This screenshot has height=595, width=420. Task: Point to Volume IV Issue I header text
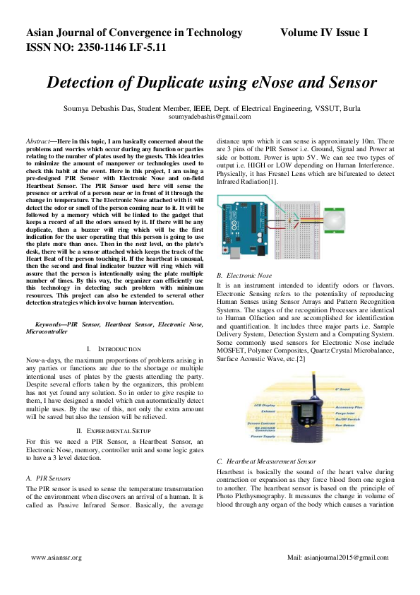point(324,33)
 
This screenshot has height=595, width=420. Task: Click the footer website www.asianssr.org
point(56,558)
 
